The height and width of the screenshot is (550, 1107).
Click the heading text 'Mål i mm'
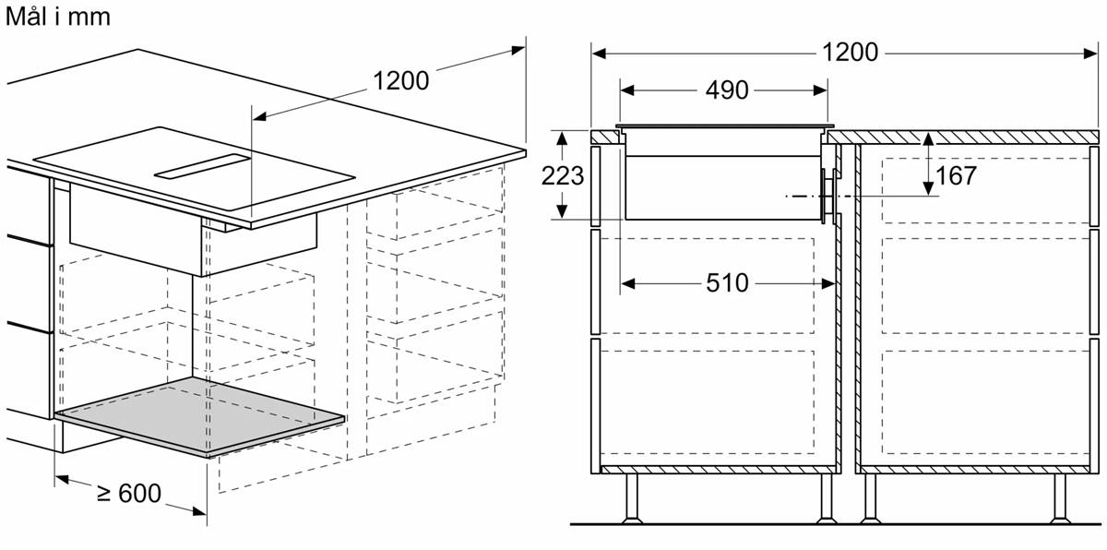click(x=58, y=17)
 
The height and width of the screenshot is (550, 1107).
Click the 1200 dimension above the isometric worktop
click(x=400, y=80)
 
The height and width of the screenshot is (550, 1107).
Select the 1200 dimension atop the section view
click(x=850, y=52)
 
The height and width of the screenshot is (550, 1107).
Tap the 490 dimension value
click(x=727, y=90)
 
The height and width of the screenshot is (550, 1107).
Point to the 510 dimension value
click(x=727, y=283)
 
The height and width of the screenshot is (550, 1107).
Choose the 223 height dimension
click(x=563, y=175)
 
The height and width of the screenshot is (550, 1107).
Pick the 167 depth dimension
click(x=956, y=175)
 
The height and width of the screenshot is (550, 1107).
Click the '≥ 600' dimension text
click(x=129, y=493)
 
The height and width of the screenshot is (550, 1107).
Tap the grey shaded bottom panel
click(x=199, y=416)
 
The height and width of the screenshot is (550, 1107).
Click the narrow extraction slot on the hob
click(x=203, y=166)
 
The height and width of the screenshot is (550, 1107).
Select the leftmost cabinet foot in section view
click(x=632, y=498)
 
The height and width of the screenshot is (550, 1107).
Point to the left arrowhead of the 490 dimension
click(x=627, y=90)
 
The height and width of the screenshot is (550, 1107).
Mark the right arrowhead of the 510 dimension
click(x=828, y=283)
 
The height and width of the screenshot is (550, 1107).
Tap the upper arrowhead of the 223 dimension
click(x=562, y=138)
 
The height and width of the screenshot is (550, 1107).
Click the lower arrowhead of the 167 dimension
click(x=928, y=188)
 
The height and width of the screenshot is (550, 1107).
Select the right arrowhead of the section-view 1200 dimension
click(x=1090, y=53)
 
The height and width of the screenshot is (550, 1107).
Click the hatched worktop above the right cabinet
click(x=963, y=137)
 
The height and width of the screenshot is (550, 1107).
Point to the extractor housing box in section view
click(x=722, y=187)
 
